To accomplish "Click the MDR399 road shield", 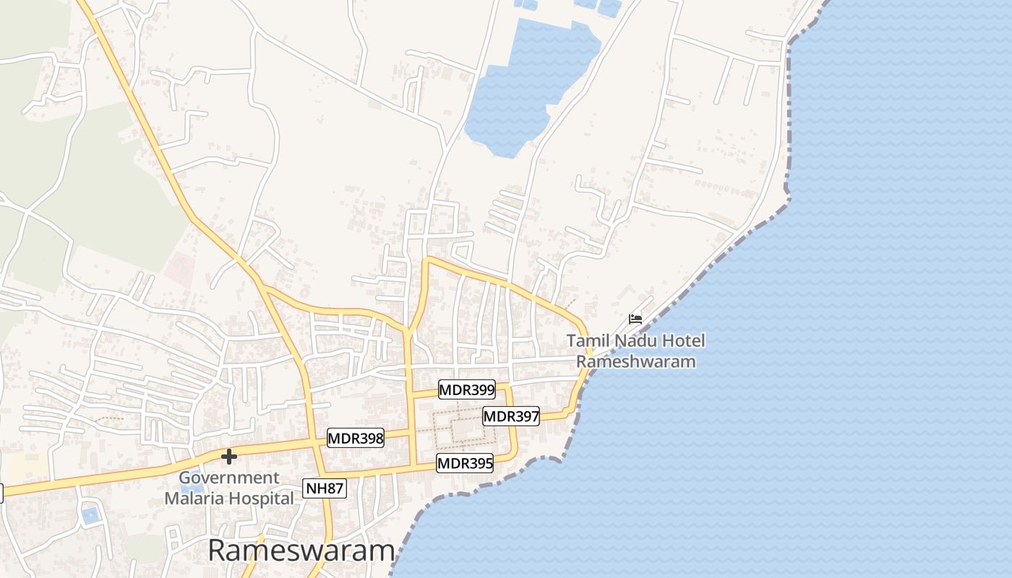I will [467, 390].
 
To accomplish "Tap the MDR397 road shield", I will [511, 416].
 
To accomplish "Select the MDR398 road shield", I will [356, 438].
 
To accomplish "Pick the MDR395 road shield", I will [465, 464].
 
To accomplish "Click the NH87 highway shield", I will [325, 488].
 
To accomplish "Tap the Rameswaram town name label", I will [301, 551].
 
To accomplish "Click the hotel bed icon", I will [635, 319].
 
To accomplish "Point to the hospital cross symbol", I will [229, 457].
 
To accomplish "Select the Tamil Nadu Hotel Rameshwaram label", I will [635, 350].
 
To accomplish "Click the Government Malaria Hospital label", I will [229, 488].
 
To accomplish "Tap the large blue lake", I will [531, 87].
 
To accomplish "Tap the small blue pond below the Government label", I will [90, 515].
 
